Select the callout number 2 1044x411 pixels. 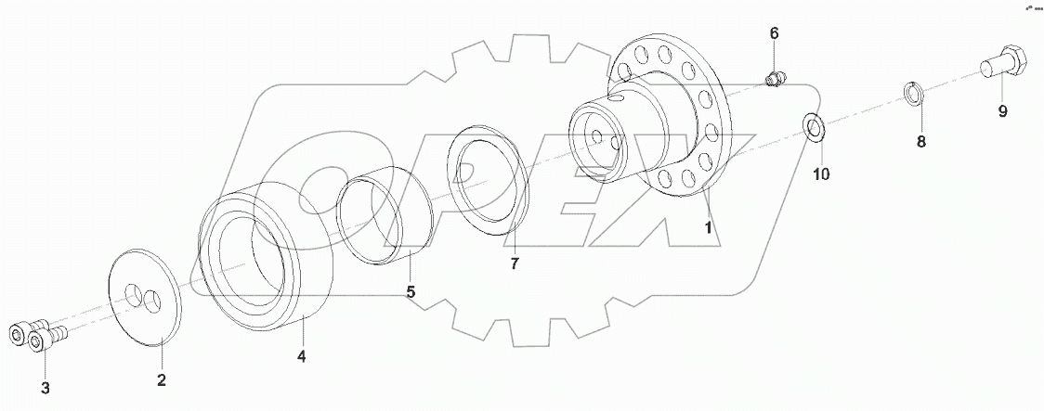161,379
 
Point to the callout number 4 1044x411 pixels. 301,355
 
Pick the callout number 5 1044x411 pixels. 410,291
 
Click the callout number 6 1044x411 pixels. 774,33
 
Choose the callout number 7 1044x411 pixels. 514,263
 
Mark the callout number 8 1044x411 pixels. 920,142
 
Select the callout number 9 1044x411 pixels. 1002,112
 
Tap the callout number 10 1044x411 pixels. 820,173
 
